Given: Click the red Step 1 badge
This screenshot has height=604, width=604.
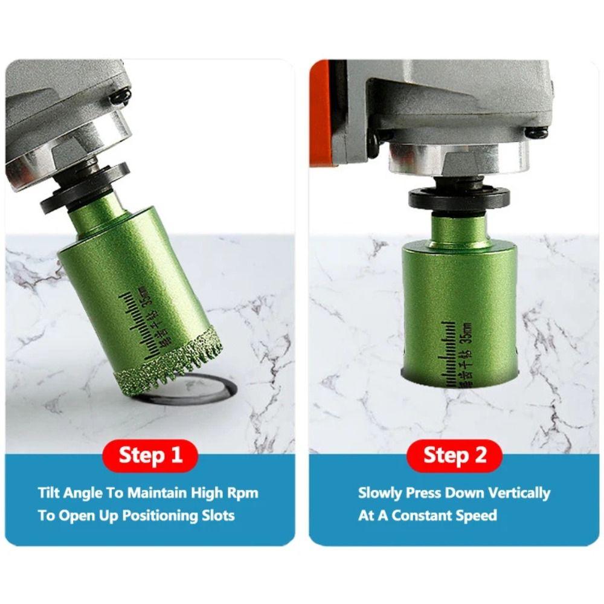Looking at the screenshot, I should (150, 455).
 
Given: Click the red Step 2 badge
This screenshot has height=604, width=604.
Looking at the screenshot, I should (454, 455).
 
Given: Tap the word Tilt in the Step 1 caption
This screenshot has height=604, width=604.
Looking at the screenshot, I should (49, 492).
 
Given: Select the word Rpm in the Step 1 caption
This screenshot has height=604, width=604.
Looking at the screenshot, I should (241, 492).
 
